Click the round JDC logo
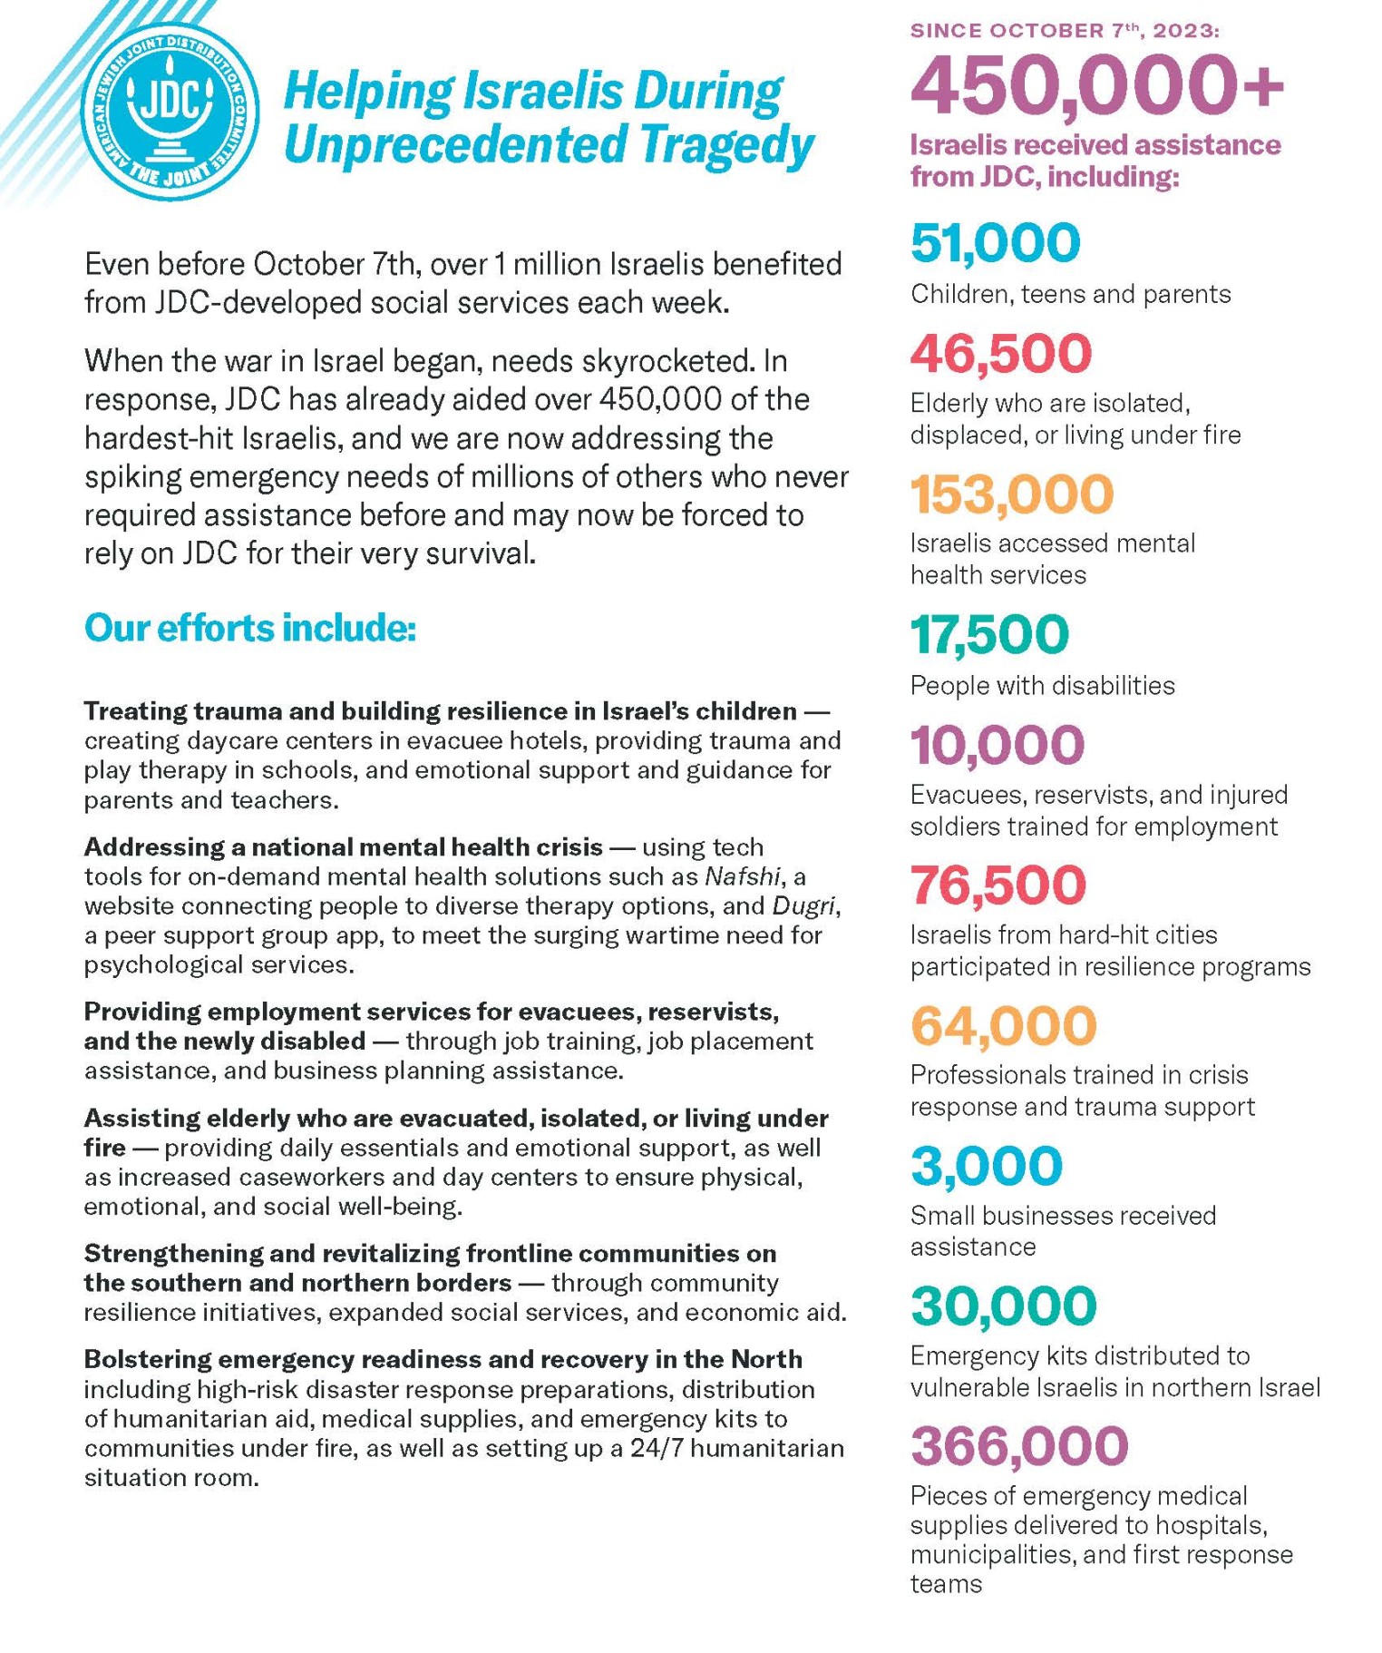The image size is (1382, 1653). tap(170, 111)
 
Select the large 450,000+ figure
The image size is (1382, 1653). tap(1096, 85)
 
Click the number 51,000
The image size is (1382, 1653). tap(995, 242)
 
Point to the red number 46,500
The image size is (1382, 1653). tap(1000, 353)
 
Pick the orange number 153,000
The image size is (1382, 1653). tap(1011, 494)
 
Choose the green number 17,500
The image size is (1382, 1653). tap(989, 634)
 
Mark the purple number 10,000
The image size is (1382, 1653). tap(997, 744)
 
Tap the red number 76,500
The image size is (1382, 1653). tap(998, 885)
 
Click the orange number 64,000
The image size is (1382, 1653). tap(1003, 1025)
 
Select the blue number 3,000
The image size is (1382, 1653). tap(986, 1165)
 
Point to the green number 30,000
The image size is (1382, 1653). tap(1003, 1306)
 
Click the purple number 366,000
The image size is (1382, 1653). tap(1019, 1445)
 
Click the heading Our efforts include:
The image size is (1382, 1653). tap(250, 628)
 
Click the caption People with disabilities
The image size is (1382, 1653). tap(1042, 685)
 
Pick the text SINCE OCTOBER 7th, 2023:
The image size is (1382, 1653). tap(1065, 31)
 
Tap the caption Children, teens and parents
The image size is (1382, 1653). tap(1070, 294)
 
